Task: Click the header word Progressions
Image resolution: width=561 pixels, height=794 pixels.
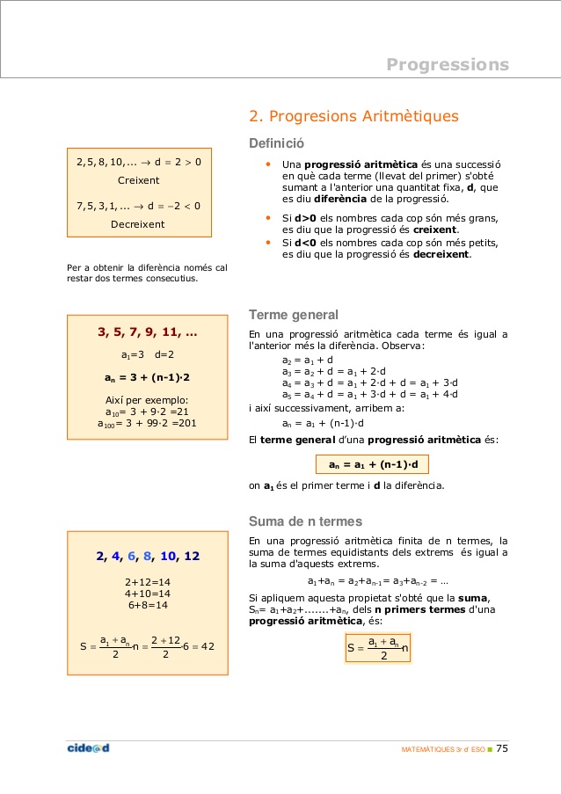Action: pyautogui.click(x=448, y=64)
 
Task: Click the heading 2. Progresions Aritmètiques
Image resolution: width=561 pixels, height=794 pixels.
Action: pyautogui.click(x=353, y=116)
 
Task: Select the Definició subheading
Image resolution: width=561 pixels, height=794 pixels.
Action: pyautogui.click(x=277, y=143)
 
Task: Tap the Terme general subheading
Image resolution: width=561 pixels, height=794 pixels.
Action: pyautogui.click(x=294, y=315)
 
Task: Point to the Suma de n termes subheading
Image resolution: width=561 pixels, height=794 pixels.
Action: pyautogui.click(x=305, y=521)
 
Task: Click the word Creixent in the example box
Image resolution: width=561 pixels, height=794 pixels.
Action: pyautogui.click(x=139, y=180)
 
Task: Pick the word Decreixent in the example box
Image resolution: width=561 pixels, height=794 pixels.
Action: pyautogui.click(x=138, y=224)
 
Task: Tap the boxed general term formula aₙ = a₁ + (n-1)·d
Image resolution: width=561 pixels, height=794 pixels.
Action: pyautogui.click(x=373, y=464)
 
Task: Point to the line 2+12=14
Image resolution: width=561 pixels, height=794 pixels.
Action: pyautogui.click(x=148, y=582)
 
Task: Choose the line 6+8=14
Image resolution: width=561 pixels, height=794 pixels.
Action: pyautogui.click(x=148, y=605)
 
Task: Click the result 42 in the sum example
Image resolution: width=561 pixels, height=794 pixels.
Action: pyautogui.click(x=208, y=647)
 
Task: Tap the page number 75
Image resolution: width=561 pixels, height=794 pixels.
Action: pyautogui.click(x=502, y=749)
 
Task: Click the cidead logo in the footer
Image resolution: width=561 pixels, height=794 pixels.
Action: pyautogui.click(x=88, y=748)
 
